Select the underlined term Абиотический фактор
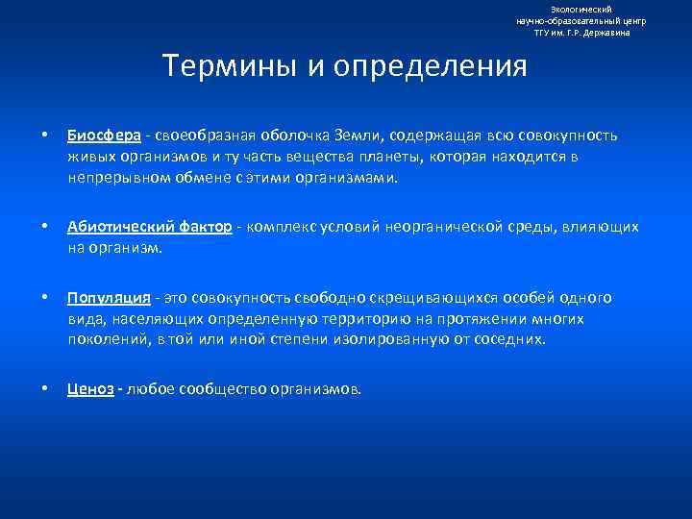click(x=149, y=227)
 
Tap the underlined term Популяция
click(x=108, y=297)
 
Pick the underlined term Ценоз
click(x=90, y=389)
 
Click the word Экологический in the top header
click(x=581, y=9)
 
